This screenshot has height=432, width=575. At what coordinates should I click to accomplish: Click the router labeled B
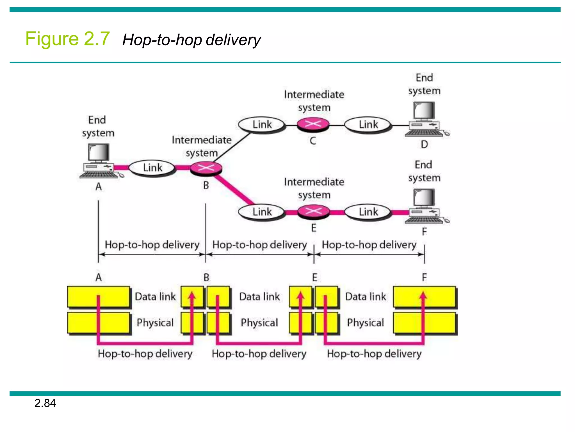point(206,168)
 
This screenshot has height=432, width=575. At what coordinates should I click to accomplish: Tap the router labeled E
point(313,211)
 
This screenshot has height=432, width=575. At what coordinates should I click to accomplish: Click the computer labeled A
point(99,161)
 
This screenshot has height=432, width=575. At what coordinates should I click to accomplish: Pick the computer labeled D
point(425,119)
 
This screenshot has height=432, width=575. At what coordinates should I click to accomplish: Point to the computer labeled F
point(425,206)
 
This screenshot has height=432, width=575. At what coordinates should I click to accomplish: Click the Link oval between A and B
point(152,168)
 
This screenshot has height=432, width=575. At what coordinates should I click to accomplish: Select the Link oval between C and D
point(368,125)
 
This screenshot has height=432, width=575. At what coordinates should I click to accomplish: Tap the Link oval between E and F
point(368,212)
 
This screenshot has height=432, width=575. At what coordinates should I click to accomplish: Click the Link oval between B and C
point(262,125)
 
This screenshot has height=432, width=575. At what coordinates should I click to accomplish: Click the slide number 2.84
point(45,403)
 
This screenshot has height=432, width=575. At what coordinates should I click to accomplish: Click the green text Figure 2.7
point(67,39)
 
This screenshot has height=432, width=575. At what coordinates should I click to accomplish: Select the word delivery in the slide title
point(233,40)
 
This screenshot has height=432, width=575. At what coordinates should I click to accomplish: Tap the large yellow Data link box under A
point(98,297)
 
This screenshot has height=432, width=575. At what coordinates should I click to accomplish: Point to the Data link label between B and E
point(259,297)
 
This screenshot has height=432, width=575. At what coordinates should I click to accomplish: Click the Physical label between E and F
point(365,323)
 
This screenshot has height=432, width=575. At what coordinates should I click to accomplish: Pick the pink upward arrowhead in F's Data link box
point(423,295)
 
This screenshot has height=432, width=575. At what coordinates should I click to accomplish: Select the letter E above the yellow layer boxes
point(314,278)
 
